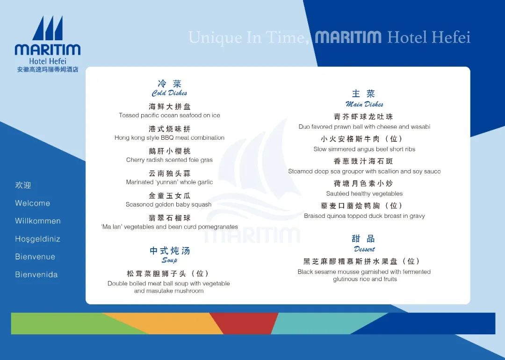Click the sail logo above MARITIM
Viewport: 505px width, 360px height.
pos(48,29)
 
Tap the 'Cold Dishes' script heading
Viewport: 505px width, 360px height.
pos(169,93)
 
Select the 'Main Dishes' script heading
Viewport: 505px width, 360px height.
pos(364,104)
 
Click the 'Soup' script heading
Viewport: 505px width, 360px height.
pos(169,260)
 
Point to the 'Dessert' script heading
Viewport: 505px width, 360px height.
pos(364,249)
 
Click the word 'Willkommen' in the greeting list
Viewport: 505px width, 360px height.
pos(38,221)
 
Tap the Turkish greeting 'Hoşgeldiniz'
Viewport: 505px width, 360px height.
pos(37,239)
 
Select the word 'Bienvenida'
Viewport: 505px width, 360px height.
pos(36,274)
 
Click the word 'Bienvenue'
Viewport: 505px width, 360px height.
pos(35,257)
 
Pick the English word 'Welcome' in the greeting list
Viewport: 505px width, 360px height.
pos(33,203)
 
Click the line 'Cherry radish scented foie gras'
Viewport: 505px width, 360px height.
pos(169,160)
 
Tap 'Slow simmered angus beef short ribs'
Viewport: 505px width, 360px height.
pos(364,149)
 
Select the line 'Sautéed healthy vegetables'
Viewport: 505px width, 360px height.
pos(364,194)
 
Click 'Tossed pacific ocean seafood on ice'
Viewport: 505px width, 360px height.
pos(169,115)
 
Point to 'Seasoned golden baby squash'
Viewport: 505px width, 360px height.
pos(169,204)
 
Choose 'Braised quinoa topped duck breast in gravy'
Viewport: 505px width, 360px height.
pos(364,216)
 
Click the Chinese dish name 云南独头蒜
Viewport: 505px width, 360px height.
pos(169,173)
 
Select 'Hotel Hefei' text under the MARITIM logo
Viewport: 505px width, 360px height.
pos(48,61)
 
